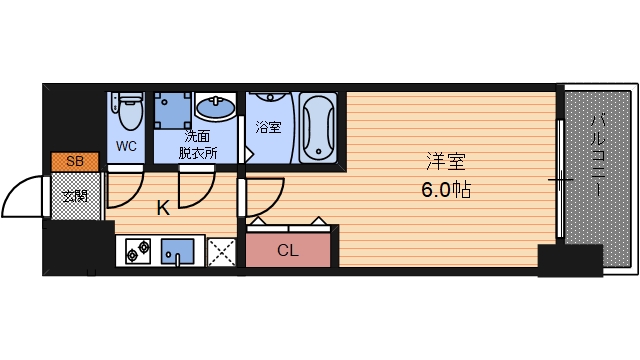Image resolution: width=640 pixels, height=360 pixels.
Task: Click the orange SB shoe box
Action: (x=75, y=161)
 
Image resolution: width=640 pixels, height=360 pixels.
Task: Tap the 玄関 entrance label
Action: (x=75, y=195)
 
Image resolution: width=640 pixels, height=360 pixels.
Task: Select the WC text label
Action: (x=127, y=146)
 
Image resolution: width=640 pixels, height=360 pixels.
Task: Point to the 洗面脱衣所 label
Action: (x=197, y=144)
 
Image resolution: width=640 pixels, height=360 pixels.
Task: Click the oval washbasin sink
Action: (x=215, y=107)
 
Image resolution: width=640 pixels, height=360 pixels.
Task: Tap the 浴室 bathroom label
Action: (x=268, y=128)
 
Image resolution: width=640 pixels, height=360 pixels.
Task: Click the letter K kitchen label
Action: (x=162, y=208)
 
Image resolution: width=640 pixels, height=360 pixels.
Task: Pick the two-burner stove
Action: (x=137, y=250)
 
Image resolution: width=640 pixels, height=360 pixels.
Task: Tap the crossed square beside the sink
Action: (x=221, y=251)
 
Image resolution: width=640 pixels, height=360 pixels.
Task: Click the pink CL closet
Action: (x=288, y=250)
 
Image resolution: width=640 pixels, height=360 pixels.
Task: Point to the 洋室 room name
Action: (x=445, y=161)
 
